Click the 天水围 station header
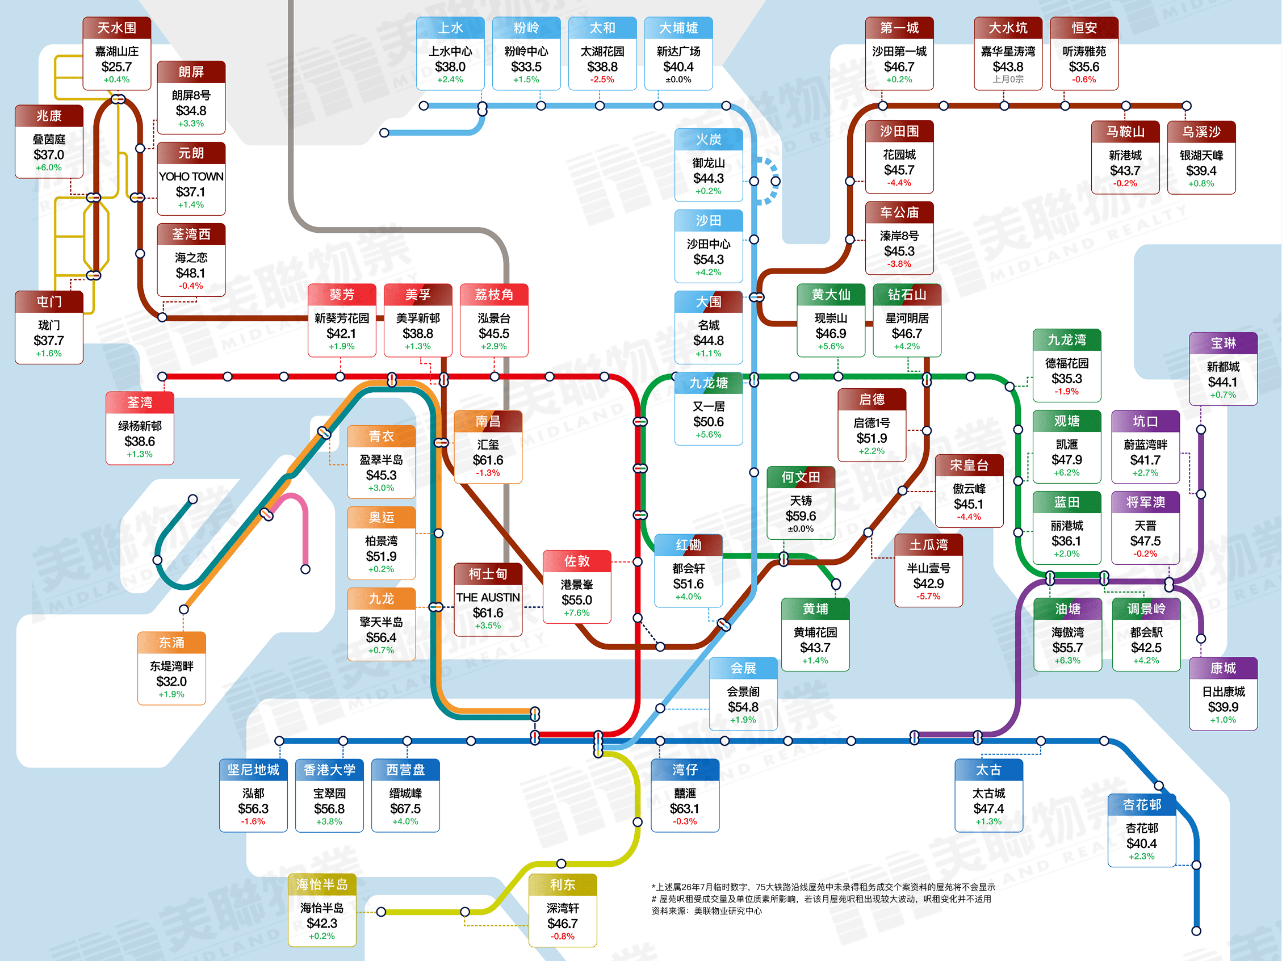(x=116, y=28)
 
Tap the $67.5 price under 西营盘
(x=405, y=808)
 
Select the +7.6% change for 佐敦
(x=577, y=613)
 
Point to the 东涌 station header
(x=171, y=643)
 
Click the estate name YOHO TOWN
(x=191, y=176)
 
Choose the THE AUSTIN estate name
(x=488, y=597)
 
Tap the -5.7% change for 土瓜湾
(x=928, y=596)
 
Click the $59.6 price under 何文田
(x=801, y=515)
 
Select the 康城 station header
(x=1223, y=668)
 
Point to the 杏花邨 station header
(x=1142, y=804)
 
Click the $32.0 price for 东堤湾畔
(x=171, y=681)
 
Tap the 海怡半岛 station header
(x=322, y=884)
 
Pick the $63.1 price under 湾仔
(x=685, y=808)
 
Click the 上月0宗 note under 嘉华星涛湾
(x=1008, y=79)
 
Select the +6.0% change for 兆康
(x=49, y=167)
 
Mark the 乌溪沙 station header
(x=1201, y=132)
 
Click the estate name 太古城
(x=988, y=793)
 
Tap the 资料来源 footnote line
(x=706, y=910)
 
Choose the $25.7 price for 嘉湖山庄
(x=116, y=66)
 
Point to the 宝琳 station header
(x=1223, y=343)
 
